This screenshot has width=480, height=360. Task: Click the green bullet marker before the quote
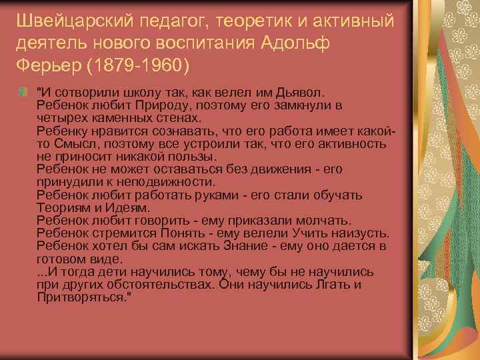click(26, 91)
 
